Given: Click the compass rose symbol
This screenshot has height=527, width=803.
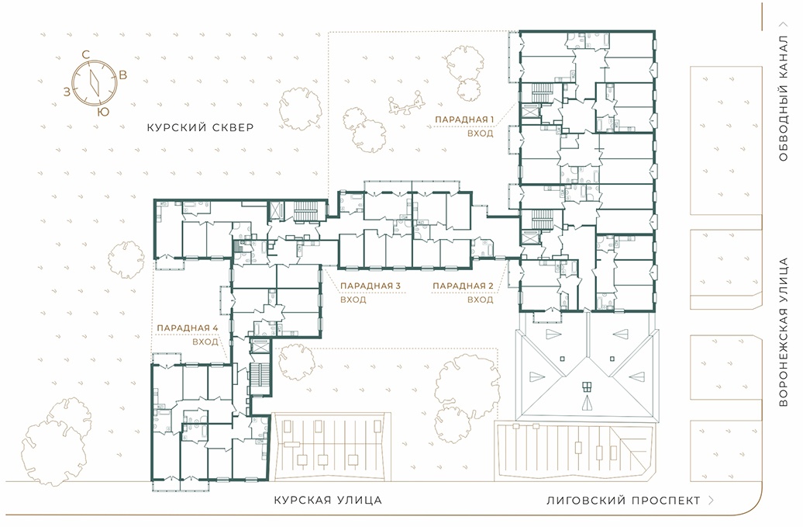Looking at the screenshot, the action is tap(95, 82).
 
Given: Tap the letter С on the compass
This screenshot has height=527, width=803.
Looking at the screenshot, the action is tap(86, 54).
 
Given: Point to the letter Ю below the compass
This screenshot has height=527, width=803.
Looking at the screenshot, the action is tap(103, 112).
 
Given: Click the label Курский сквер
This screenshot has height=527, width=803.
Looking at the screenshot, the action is tap(200, 127).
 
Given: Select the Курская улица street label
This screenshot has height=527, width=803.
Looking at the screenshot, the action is tap(328, 500).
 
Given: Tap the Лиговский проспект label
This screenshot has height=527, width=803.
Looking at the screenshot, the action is tap(623, 501).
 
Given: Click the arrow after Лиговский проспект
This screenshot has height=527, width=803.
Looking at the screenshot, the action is tap(711, 501).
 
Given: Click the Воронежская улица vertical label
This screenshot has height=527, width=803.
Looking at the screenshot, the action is tap(783, 332).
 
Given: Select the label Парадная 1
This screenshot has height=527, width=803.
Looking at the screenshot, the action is tap(464, 120).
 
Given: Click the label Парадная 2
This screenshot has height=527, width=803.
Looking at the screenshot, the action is tap(463, 286).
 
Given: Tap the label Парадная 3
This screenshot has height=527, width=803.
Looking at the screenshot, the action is tap(370, 286).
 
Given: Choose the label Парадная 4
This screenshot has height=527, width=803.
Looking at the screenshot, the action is tap(187, 328).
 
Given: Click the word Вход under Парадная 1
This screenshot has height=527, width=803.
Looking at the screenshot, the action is tap(481, 133).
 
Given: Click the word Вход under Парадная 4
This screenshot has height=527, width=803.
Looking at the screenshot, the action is tap(205, 342).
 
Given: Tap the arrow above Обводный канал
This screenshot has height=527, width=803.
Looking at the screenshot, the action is tap(783, 24).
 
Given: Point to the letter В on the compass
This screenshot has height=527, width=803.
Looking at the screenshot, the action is tap(123, 75).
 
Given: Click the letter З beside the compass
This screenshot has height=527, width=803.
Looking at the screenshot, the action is tap(67, 92).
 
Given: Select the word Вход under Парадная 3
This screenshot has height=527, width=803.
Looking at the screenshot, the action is tap(353, 300).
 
